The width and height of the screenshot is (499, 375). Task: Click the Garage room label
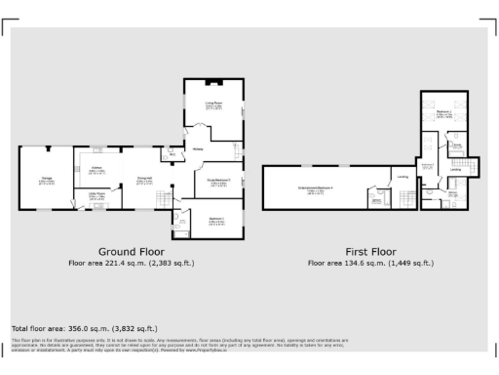[46, 178]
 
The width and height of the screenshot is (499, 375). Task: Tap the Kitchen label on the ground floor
[97, 169]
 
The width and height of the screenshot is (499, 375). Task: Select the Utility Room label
[96, 194]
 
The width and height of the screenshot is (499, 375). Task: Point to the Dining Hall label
[143, 179]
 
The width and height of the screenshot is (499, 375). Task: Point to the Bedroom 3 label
[216, 219]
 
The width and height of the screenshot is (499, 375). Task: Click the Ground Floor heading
[131, 251]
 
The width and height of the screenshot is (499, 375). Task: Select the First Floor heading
[370, 251]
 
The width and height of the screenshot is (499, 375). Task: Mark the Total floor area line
[84, 328]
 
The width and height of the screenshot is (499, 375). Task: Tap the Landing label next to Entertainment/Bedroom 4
[402, 177]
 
